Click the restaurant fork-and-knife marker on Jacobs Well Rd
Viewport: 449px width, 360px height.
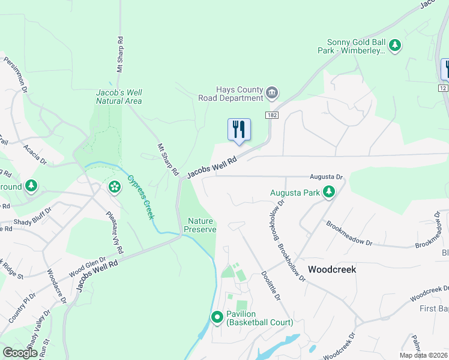[239, 129]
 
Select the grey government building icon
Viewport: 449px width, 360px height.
[272, 92]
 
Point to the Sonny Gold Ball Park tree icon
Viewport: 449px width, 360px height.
[395, 45]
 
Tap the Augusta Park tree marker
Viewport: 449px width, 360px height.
[328, 192]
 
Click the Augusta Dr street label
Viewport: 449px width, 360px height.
[326, 177]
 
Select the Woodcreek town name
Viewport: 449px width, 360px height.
[332, 269]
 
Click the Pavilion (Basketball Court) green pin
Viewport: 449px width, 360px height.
[217, 317]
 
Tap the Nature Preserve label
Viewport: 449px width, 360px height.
[200, 225]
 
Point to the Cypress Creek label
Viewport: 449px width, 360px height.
[140, 195]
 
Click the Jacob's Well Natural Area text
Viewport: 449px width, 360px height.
[119, 97]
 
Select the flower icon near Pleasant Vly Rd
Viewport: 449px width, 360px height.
[114, 187]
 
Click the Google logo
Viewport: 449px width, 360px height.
[20, 353]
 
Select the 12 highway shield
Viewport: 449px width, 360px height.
[444, 88]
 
